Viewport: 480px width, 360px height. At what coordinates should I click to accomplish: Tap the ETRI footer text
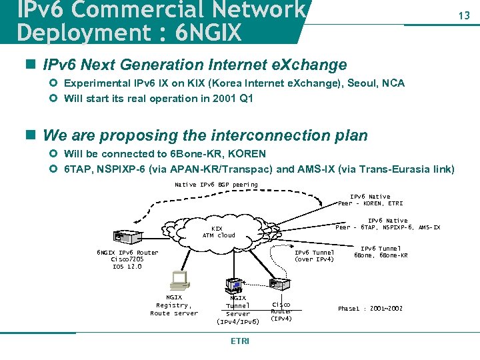(239, 341)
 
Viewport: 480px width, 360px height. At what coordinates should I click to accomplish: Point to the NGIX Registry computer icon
(179, 280)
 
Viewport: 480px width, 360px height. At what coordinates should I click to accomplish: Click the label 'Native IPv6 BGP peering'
(216, 185)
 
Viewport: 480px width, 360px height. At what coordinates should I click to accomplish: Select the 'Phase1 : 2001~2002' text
(370, 309)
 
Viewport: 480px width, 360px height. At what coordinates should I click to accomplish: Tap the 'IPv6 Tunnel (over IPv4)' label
(314, 256)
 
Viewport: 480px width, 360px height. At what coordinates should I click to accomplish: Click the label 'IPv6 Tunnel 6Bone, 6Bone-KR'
(381, 252)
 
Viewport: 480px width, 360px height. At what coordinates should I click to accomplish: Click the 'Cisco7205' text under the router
(127, 259)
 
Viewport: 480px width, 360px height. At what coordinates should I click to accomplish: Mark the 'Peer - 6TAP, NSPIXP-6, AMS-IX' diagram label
(387, 227)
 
